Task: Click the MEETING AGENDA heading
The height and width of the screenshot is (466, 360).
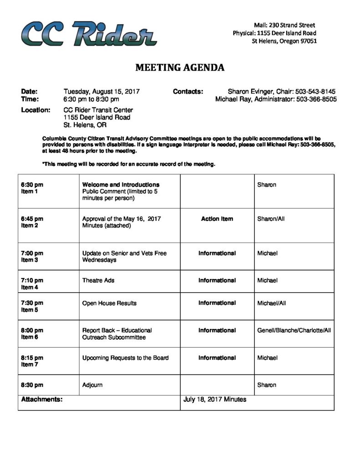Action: tap(180, 68)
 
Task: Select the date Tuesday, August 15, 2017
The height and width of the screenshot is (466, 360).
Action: tap(101, 91)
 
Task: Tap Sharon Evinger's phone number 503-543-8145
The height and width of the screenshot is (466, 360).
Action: tap(315, 91)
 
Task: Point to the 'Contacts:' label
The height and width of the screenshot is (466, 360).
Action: tap(188, 91)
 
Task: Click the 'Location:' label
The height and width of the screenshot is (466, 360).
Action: tap(35, 110)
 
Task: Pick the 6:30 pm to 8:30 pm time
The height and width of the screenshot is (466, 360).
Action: tap(91, 99)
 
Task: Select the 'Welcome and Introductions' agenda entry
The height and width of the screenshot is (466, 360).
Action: tap(121, 185)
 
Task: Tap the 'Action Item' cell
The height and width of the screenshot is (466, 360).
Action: tap(217, 219)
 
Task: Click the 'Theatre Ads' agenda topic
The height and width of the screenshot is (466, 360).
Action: tap(98, 280)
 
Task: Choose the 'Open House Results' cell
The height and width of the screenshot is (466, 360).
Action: tap(109, 303)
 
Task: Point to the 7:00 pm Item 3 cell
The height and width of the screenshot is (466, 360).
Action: tap(32, 256)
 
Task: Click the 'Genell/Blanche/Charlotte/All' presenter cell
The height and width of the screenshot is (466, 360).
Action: tap(294, 330)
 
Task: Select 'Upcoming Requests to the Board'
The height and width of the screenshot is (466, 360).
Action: tap(125, 358)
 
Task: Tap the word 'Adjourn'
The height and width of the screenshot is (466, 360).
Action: tap(92, 385)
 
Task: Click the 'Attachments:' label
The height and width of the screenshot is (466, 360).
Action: tap(41, 399)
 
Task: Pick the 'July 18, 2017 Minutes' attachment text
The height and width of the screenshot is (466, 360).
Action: tap(215, 399)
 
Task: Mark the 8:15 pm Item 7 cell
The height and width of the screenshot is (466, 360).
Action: tap(32, 361)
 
